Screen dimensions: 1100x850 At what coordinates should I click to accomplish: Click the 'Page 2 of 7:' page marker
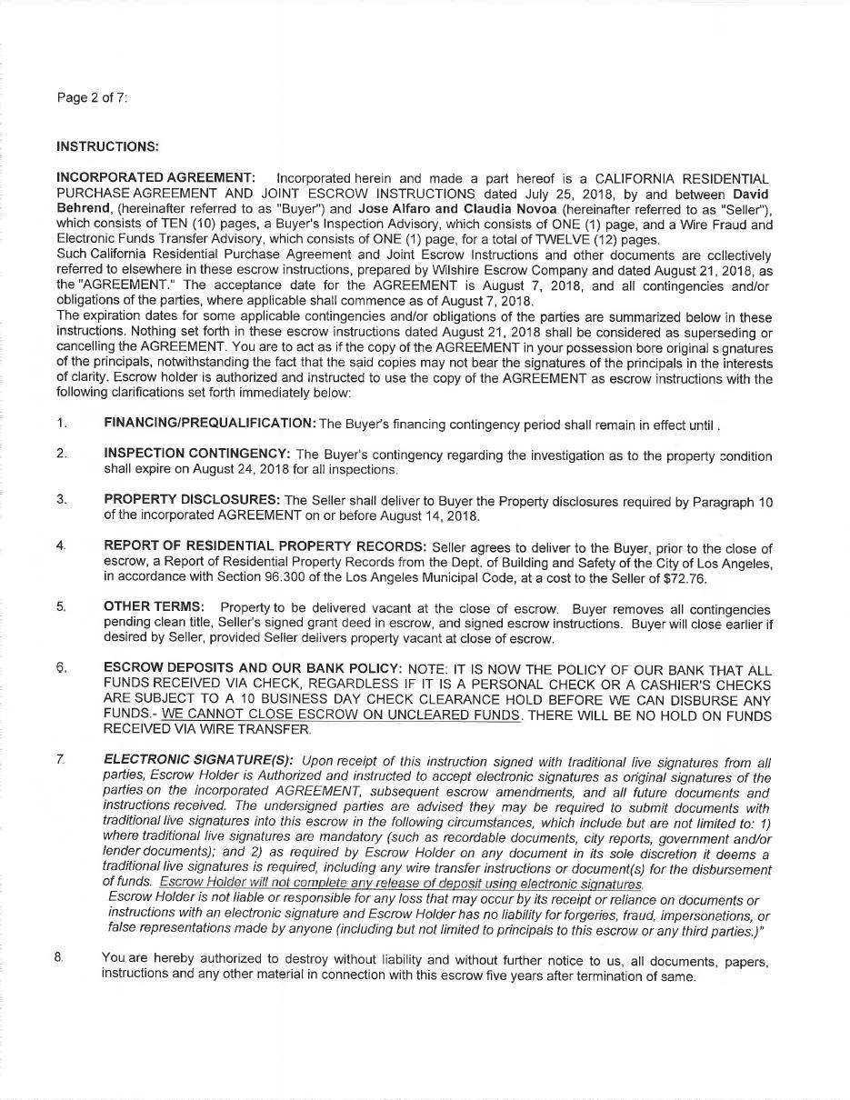tap(92, 98)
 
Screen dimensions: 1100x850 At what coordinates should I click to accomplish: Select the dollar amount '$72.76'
tap(685, 577)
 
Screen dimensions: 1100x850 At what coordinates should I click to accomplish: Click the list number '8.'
tap(59, 961)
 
